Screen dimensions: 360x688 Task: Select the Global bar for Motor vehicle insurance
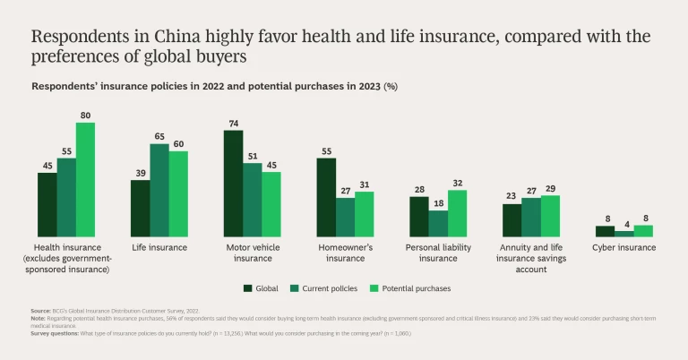pos(233,183)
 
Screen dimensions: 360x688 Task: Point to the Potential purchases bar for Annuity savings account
pos(550,216)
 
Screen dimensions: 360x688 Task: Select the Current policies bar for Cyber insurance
pos(624,233)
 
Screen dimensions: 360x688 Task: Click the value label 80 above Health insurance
pos(85,116)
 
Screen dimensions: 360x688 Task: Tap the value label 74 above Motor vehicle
pos(233,124)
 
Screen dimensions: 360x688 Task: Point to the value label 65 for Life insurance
pos(159,136)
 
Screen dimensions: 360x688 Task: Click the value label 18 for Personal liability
pos(439,203)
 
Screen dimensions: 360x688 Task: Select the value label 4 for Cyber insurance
pos(624,224)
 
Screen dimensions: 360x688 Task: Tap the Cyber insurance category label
pos(624,247)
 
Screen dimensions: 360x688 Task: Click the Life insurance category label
pos(159,247)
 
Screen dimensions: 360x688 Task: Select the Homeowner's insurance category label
pos(345,253)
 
